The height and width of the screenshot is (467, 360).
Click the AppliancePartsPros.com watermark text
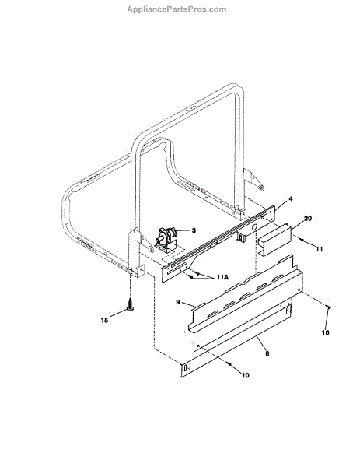(x=177, y=9)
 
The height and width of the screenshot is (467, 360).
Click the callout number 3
(x=194, y=230)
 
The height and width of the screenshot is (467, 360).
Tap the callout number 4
(x=291, y=198)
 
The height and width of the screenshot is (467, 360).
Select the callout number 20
(x=308, y=218)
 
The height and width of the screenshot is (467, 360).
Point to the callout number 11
(x=320, y=249)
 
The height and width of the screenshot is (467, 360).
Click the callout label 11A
(x=222, y=277)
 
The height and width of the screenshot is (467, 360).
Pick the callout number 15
(x=104, y=321)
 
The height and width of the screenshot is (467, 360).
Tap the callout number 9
(x=178, y=302)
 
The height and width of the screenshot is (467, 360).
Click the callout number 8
(x=267, y=353)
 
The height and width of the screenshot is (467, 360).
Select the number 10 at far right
(x=326, y=332)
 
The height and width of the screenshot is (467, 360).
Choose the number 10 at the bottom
(x=246, y=375)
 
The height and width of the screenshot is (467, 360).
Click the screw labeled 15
(x=130, y=305)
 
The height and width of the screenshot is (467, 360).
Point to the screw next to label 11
(x=302, y=240)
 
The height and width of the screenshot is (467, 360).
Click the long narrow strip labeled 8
(x=236, y=340)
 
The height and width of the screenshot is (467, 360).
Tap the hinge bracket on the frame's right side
(x=253, y=180)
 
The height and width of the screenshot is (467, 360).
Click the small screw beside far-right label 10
(x=329, y=307)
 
